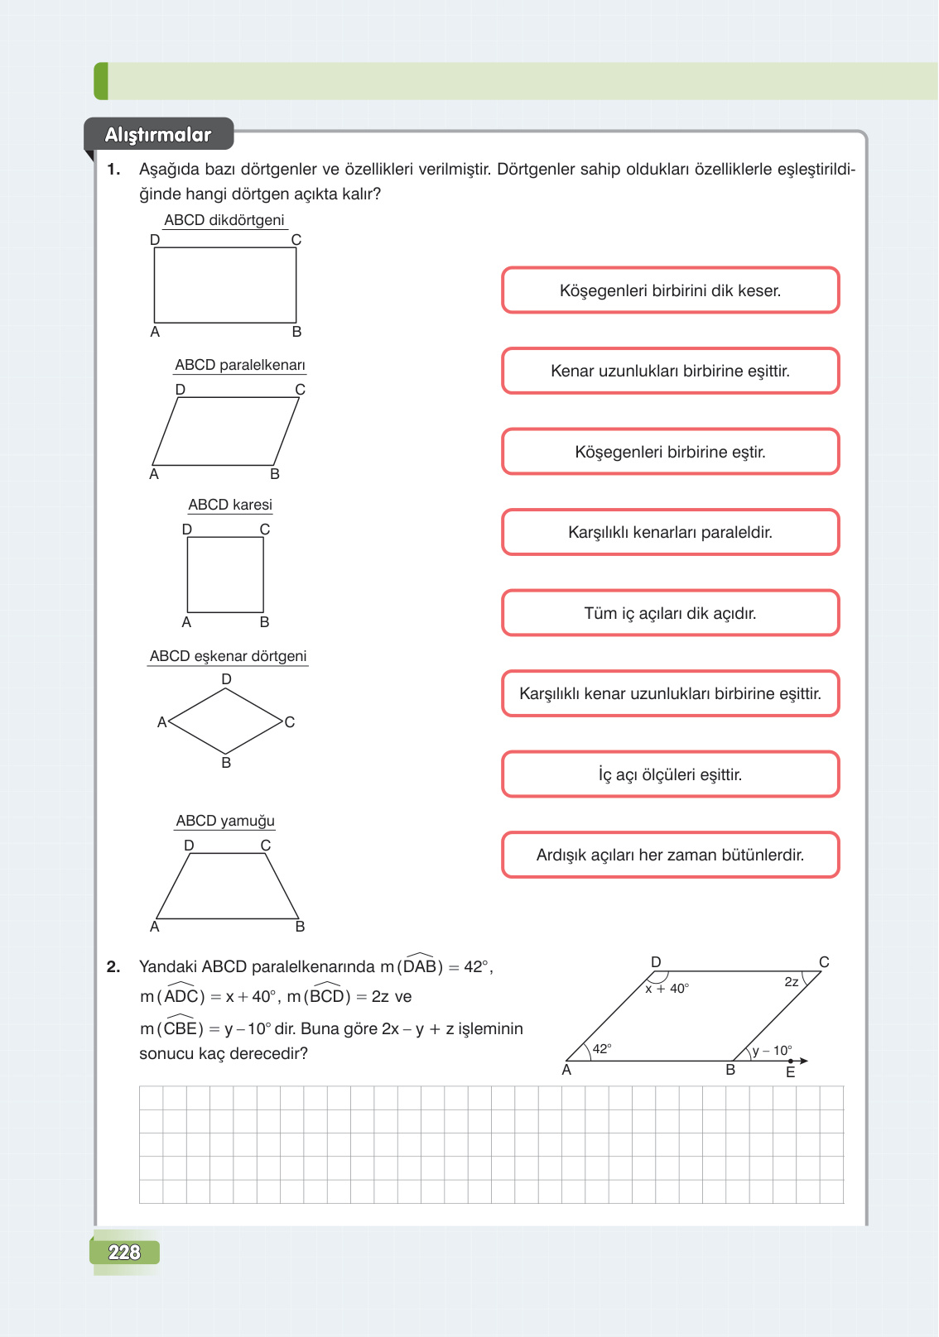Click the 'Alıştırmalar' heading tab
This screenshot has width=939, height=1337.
(x=158, y=135)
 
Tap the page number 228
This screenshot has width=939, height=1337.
(x=124, y=1252)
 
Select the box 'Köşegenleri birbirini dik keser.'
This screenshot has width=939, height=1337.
(x=670, y=290)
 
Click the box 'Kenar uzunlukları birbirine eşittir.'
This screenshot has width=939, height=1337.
(x=670, y=371)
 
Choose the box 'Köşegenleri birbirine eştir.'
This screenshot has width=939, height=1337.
(x=670, y=452)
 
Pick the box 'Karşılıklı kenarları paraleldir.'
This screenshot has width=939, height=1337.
(x=670, y=532)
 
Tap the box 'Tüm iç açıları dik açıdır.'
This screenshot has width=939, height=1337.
(x=670, y=613)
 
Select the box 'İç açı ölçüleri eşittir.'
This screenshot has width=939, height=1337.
(x=670, y=774)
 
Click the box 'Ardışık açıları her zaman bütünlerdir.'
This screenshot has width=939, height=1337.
(x=670, y=855)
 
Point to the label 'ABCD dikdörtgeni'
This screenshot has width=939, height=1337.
(x=224, y=220)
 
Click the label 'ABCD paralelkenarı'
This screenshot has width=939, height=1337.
(x=240, y=365)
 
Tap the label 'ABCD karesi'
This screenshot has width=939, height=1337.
(x=230, y=505)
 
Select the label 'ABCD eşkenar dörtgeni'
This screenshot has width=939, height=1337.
(x=228, y=656)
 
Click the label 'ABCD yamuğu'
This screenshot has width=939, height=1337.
(x=225, y=821)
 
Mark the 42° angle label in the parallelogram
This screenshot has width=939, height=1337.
(x=602, y=1048)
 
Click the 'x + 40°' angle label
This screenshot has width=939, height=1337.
(x=667, y=989)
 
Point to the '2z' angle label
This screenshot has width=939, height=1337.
(x=792, y=982)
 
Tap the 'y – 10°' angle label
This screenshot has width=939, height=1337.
(x=772, y=1051)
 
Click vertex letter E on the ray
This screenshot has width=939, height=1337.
(x=790, y=1072)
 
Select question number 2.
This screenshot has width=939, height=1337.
(x=113, y=966)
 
